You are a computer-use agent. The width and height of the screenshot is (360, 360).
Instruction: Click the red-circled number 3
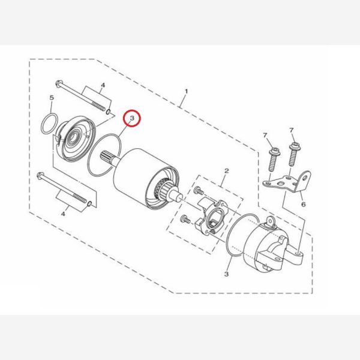[132, 118]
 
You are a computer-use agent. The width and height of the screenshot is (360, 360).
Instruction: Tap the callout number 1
[186, 91]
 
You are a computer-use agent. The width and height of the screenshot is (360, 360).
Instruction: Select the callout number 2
[226, 170]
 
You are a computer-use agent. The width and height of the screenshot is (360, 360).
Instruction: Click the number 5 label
[52, 98]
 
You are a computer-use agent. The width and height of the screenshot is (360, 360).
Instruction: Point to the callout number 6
[303, 204]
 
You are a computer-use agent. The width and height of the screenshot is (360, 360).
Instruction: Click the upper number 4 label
[103, 85]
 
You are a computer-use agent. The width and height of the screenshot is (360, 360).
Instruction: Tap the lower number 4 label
[63, 214]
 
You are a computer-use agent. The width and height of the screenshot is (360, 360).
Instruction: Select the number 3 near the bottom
[226, 274]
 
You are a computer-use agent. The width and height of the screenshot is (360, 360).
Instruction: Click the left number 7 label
[265, 136]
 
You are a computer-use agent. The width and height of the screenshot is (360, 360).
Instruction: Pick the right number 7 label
[292, 130]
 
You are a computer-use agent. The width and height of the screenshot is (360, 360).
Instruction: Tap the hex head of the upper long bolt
[59, 83]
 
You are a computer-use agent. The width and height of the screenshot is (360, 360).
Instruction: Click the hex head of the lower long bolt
[40, 176]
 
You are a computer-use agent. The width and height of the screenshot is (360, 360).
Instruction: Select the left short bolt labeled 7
[273, 159]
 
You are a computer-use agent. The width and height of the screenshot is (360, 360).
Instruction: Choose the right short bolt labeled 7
[293, 154]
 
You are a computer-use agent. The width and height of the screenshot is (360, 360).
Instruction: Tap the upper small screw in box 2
[199, 191]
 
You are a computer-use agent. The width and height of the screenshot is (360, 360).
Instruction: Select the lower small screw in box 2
[185, 219]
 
